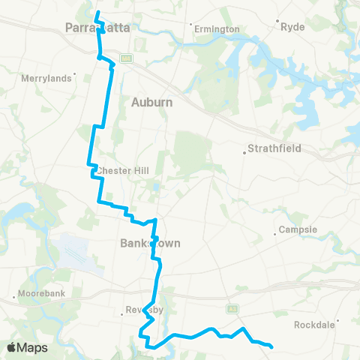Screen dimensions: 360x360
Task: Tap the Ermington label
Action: (x=217, y=29)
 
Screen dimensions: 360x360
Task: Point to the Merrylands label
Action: (x=46, y=77)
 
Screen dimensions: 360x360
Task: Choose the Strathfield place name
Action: (x=277, y=148)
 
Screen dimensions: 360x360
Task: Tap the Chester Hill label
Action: (x=118, y=170)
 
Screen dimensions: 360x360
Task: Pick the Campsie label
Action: (x=298, y=229)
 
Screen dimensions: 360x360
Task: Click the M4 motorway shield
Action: (x=127, y=58)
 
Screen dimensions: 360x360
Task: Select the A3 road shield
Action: (x=233, y=307)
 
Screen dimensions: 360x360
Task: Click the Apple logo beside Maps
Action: (x=12, y=347)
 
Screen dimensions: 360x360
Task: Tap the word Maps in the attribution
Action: (x=32, y=347)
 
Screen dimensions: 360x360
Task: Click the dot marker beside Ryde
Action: (x=277, y=21)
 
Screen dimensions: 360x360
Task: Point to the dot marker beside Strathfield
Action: (x=245, y=153)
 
